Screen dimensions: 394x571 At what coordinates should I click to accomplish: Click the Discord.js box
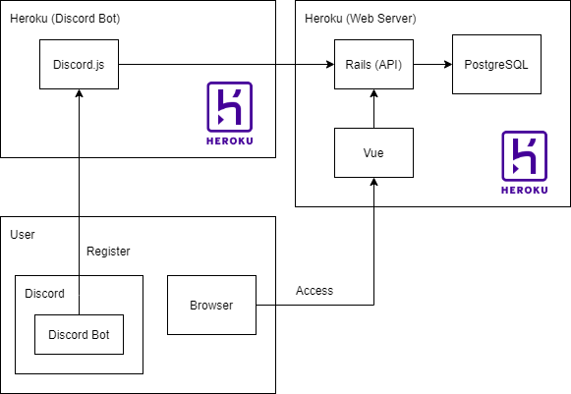click(x=79, y=65)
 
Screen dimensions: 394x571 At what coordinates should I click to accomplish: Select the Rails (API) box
click(x=373, y=65)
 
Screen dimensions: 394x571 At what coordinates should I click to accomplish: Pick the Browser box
click(x=211, y=305)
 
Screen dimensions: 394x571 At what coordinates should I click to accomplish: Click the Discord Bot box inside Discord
click(x=79, y=335)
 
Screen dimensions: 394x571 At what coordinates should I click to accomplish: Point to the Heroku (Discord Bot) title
click(x=65, y=20)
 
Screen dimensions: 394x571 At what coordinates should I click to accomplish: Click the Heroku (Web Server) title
click(x=361, y=20)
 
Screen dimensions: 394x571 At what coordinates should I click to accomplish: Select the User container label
click(x=22, y=234)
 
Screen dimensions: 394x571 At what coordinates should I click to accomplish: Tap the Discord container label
click(x=44, y=293)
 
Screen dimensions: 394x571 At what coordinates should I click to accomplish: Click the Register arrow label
click(x=108, y=252)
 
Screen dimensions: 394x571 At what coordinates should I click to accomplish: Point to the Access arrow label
click(x=314, y=291)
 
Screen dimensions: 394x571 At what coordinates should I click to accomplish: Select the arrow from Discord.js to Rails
click(x=226, y=65)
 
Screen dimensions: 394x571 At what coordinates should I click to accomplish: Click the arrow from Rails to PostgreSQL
click(x=432, y=65)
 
